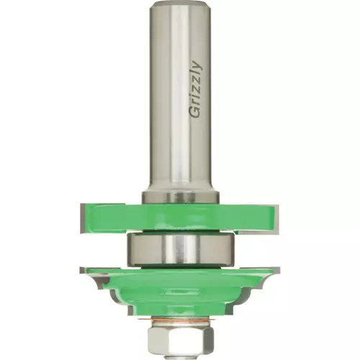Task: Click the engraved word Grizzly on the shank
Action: (x=196, y=89)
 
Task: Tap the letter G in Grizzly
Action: (x=195, y=112)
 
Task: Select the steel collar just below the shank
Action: (x=180, y=197)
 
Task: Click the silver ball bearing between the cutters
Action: (x=180, y=250)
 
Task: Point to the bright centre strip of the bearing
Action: (x=181, y=250)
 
